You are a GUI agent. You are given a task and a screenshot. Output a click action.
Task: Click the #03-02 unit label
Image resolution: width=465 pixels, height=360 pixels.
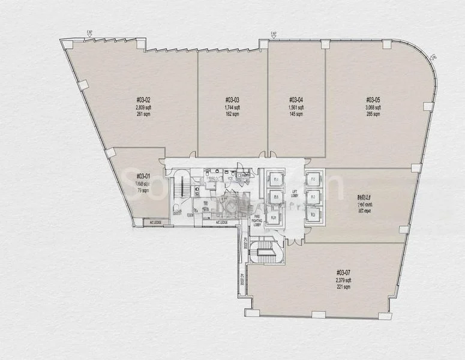tap(143, 100)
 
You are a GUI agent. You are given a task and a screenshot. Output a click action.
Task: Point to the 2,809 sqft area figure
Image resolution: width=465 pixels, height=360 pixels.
tap(143, 107)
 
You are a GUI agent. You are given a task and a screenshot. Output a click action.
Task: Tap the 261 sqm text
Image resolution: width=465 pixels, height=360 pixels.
tap(143, 114)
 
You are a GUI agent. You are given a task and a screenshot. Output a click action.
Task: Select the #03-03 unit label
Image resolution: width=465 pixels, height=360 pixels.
tap(232, 100)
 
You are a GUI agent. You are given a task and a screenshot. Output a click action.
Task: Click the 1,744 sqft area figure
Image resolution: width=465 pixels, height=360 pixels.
tap(232, 107)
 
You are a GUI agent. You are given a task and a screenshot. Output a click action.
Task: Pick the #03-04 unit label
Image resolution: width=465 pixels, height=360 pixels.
tap(296, 100)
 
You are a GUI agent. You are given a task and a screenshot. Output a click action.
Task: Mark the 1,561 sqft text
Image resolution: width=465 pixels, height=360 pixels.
tap(296, 107)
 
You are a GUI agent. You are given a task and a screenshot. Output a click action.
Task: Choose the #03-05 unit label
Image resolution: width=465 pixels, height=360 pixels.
tap(373, 100)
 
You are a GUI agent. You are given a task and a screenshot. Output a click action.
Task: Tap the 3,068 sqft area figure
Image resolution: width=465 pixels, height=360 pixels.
tap(373, 107)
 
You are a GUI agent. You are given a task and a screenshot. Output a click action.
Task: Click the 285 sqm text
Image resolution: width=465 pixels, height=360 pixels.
tap(373, 114)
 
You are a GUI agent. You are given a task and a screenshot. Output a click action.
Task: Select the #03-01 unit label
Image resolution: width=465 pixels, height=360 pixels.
tap(143, 176)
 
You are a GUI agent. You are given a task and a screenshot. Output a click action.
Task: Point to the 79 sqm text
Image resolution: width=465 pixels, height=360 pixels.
tap(143, 190)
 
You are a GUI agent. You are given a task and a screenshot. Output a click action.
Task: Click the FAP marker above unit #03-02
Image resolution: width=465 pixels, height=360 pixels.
tap(89, 34)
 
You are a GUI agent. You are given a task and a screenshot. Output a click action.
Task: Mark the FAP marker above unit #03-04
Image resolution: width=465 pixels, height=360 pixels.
tap(273, 34)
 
